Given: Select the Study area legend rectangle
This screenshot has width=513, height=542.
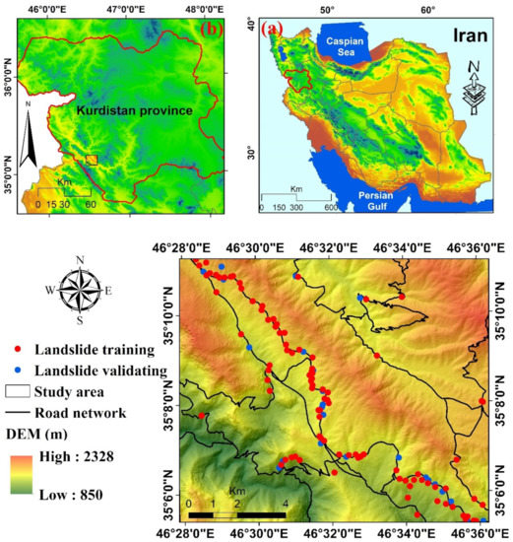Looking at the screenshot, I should (20, 392).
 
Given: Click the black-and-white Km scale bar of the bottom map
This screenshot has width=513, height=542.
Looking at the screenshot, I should (235, 515).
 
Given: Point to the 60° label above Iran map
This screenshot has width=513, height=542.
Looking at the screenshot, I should (428, 9).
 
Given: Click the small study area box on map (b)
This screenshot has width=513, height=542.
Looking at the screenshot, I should (92, 159).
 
